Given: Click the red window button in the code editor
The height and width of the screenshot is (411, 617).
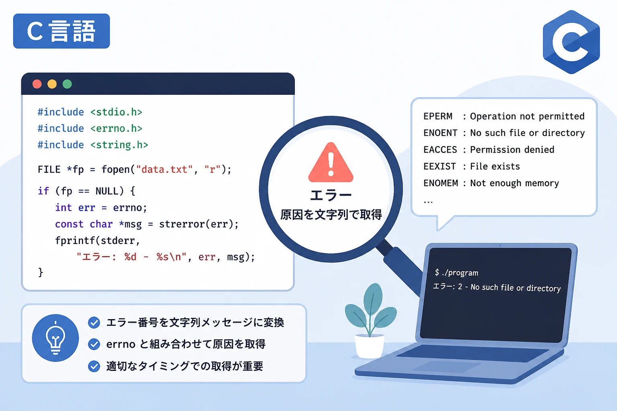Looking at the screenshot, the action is [x=37, y=84].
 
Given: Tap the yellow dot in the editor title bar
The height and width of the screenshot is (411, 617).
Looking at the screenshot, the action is [x=52, y=84].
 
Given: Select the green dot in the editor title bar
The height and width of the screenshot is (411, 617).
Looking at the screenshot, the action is [x=67, y=84].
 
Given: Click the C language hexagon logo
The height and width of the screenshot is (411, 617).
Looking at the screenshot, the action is [x=571, y=42].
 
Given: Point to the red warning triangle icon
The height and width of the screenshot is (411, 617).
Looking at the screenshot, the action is [x=331, y=163].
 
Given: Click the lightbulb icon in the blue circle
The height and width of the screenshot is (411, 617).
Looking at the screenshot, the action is [x=55, y=338].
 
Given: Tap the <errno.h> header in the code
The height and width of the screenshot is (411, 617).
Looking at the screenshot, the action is [x=116, y=128].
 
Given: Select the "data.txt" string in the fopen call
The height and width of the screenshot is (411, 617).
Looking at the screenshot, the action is [x=164, y=169].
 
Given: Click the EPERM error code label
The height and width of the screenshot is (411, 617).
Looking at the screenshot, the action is [x=438, y=116].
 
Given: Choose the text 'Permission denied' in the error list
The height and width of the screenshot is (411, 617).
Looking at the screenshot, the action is [x=512, y=149].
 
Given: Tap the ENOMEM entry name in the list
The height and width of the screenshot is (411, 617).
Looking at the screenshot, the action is [x=441, y=183].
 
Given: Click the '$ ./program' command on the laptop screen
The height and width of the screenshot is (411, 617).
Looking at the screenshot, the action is [x=456, y=273].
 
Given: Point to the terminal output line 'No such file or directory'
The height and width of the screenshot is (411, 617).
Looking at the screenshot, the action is [x=516, y=288].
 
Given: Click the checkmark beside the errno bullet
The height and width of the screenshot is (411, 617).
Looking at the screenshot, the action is [x=94, y=344].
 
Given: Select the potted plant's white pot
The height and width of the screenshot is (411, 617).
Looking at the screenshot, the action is [x=370, y=346].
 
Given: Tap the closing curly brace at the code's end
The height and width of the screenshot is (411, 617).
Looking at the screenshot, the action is [x=41, y=272].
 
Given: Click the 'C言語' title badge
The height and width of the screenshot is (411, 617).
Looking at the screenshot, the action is [x=61, y=31].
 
